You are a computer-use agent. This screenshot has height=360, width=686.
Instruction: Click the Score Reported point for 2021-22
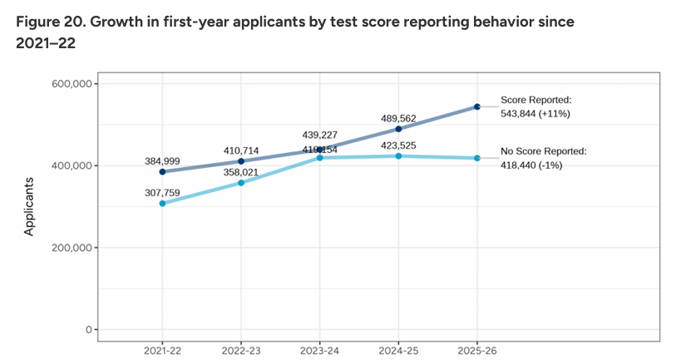[x=162, y=172]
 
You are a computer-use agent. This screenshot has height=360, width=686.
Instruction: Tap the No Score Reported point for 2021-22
[x=162, y=204]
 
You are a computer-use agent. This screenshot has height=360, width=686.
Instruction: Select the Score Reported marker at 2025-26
[x=477, y=106]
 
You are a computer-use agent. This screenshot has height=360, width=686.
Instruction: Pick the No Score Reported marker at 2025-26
[x=477, y=158]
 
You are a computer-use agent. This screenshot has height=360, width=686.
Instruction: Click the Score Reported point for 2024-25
[x=398, y=129]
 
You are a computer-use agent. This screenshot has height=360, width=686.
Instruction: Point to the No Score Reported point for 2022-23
[x=241, y=183]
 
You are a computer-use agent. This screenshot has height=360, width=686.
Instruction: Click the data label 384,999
[x=162, y=160]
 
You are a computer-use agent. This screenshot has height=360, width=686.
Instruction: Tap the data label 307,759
[x=162, y=191]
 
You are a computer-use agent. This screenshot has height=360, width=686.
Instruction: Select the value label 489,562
[x=398, y=118]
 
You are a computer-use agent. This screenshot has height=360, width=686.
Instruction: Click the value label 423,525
[x=398, y=145]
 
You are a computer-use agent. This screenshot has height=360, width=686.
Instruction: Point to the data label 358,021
[x=241, y=171]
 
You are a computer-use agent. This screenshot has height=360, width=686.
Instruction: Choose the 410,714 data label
[x=241, y=150]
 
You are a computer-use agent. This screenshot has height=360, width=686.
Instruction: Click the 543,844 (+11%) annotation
[x=535, y=113]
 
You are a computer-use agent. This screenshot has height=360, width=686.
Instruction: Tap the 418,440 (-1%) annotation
[x=535, y=165]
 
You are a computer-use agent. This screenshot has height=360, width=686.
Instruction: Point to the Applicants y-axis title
[x=29, y=206]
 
